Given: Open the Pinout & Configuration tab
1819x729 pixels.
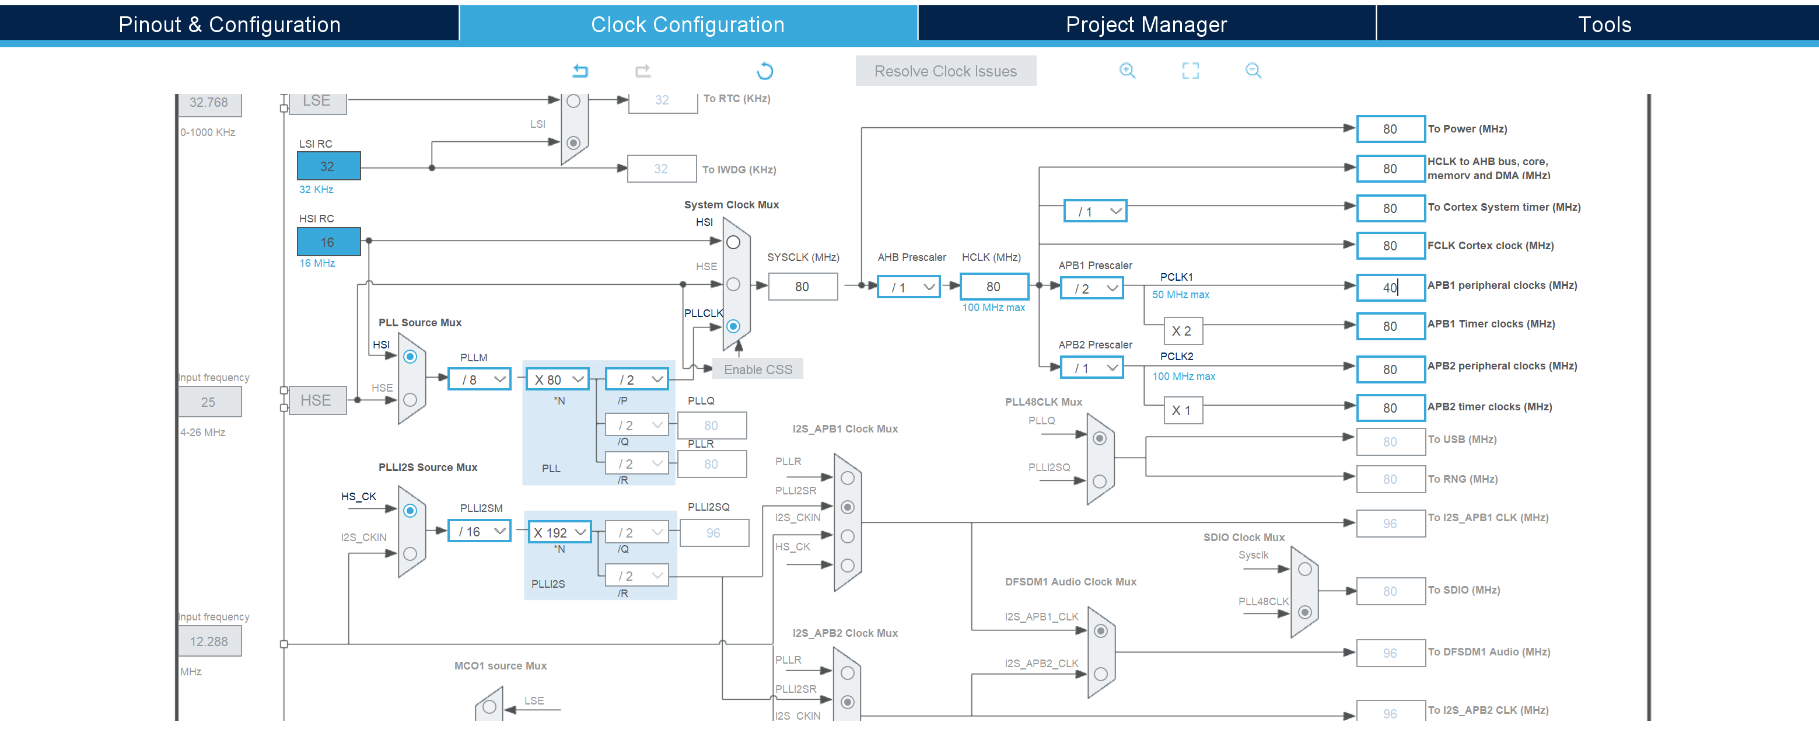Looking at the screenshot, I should click(229, 25).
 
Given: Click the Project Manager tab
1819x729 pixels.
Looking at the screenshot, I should click(1146, 25).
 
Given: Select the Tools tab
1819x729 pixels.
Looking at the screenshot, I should click(1604, 25).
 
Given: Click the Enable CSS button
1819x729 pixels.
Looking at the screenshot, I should click(758, 369).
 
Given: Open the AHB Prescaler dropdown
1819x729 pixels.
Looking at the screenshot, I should click(909, 287).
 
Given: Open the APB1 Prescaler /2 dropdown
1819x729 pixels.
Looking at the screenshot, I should click(1092, 288).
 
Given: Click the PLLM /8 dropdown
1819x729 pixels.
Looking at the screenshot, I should click(480, 379).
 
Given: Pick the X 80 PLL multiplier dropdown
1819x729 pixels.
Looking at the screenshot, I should click(558, 379).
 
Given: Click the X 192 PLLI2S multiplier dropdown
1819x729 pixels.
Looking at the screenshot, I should click(559, 532).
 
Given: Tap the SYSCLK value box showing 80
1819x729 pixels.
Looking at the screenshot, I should click(802, 287).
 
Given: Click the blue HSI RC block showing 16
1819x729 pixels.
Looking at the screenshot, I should click(328, 242).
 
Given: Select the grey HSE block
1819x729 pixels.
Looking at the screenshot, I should click(317, 400).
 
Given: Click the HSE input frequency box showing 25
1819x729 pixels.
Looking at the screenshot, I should click(209, 402).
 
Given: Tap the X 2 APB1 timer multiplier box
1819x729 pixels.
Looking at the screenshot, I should click(1183, 330).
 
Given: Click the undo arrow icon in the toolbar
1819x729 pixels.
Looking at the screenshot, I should click(580, 71).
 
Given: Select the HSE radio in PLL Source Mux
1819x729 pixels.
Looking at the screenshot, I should click(410, 400).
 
